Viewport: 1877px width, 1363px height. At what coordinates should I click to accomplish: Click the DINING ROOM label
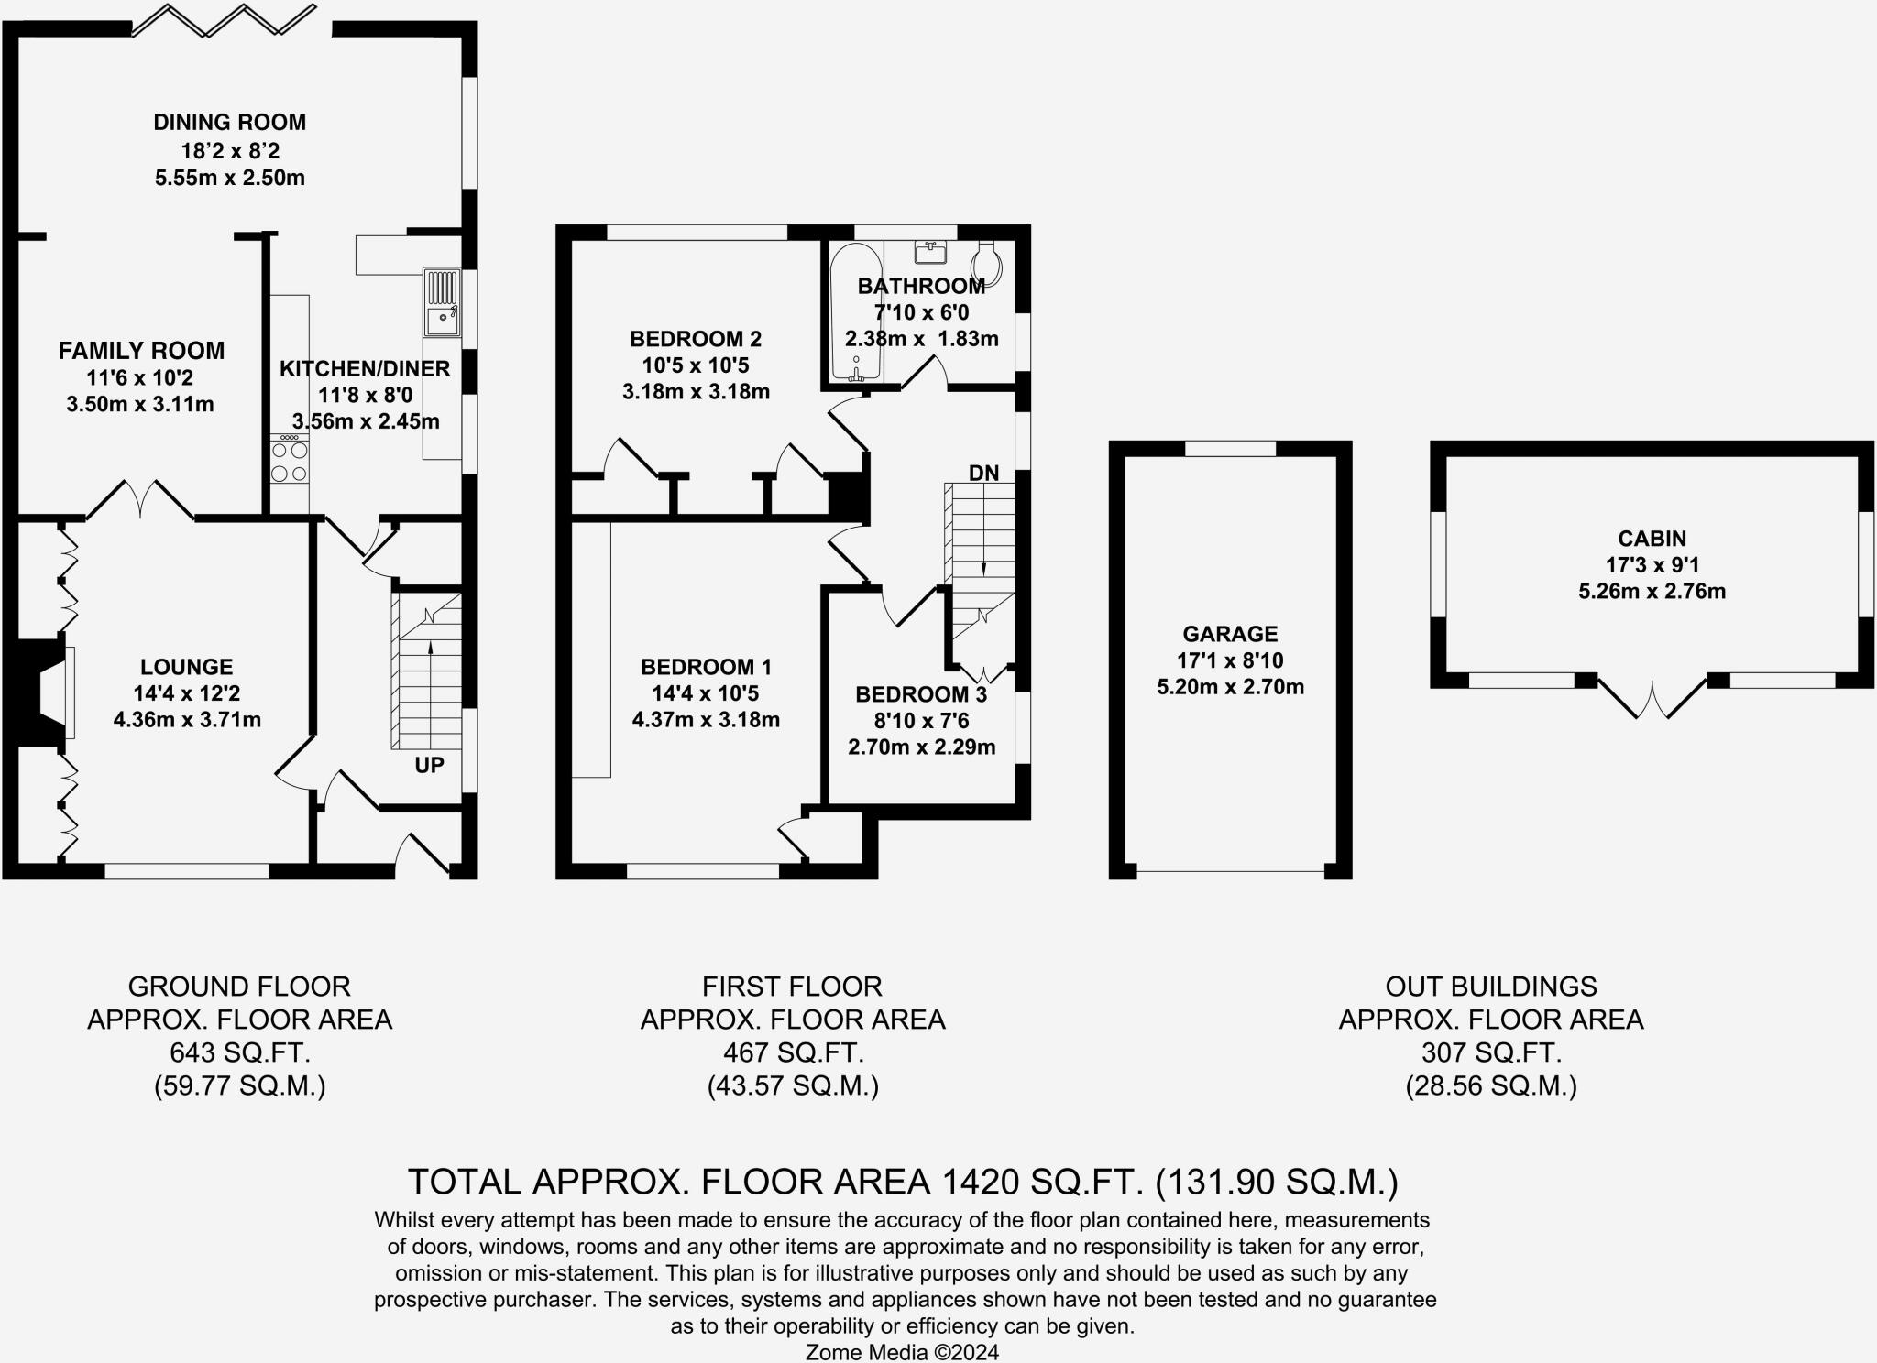(230, 122)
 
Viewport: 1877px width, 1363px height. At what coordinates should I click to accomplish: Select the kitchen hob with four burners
(290, 459)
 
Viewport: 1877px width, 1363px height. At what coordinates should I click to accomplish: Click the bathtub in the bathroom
(855, 312)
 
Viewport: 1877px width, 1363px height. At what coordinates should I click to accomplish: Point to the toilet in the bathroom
(987, 261)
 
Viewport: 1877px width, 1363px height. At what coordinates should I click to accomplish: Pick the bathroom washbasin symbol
(930, 251)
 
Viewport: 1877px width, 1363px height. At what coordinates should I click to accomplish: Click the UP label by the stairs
(429, 765)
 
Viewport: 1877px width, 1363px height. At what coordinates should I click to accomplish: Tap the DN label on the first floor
(983, 473)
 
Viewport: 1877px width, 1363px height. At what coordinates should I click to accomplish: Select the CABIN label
(1652, 539)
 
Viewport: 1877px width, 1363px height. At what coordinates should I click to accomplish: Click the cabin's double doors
(1652, 696)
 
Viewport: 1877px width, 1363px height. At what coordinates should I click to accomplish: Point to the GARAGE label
(1230, 634)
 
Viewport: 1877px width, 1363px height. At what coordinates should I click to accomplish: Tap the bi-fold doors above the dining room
(225, 20)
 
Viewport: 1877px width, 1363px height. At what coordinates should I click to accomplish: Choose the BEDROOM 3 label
(921, 695)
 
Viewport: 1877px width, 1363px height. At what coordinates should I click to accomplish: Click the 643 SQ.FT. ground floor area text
(240, 1052)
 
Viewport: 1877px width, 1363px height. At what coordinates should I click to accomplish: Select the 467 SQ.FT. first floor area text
(793, 1052)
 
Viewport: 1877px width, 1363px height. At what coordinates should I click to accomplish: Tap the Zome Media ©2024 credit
(902, 1352)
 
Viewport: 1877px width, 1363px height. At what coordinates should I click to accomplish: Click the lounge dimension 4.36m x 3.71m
(187, 720)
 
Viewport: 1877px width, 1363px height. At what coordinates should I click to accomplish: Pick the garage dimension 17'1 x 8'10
(1230, 660)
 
